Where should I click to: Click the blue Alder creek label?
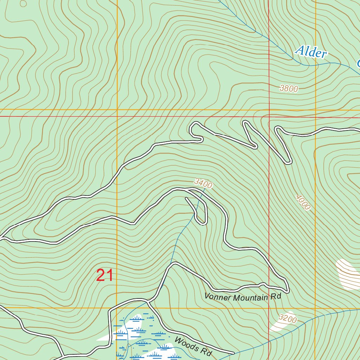click(311, 52)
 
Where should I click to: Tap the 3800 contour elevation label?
click(289, 89)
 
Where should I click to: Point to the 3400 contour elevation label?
click(203, 184)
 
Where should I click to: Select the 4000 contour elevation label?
click(303, 202)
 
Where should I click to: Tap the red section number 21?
click(105, 275)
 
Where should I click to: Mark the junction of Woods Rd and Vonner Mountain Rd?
click(148, 301)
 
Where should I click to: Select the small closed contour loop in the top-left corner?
click(23, 4)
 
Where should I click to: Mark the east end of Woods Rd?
click(233, 353)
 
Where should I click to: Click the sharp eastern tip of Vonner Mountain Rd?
click(288, 290)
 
